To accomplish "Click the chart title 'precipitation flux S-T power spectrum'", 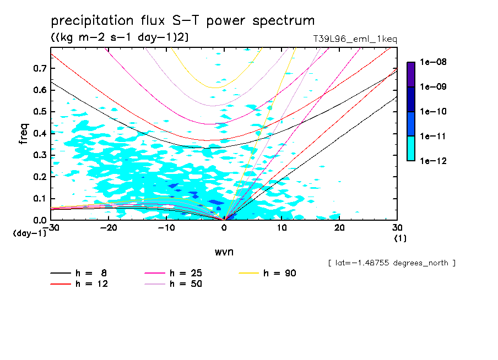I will point(183,21).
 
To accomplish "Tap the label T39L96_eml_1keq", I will point(354,39).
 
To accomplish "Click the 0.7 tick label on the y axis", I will point(39,68).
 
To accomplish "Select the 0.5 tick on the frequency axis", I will point(39,112).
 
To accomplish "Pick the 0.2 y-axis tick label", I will point(39,177).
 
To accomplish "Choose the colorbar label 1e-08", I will point(434,62).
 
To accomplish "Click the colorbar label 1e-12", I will point(434,161).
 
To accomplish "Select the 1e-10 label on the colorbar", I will point(434,112).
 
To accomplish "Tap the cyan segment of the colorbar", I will point(411,148).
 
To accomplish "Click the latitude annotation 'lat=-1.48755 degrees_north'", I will point(392,263).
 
